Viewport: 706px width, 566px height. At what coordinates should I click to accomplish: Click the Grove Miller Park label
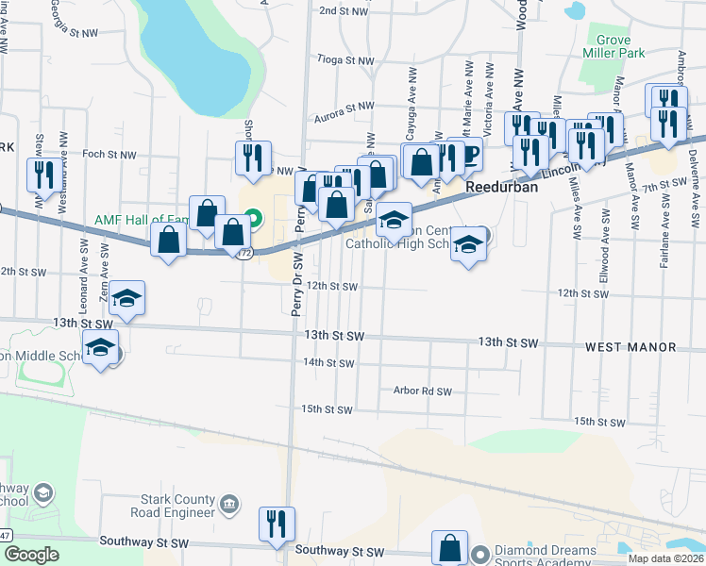click(x=620, y=46)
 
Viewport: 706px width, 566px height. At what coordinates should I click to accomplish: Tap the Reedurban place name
click(x=503, y=188)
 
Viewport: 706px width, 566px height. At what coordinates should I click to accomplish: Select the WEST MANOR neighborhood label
click(x=630, y=347)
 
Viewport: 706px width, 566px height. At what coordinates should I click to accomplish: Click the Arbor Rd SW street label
click(x=423, y=391)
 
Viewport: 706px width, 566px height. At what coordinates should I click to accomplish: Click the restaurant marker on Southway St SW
click(x=277, y=524)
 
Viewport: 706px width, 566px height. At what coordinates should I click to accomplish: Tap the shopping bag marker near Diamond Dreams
click(x=450, y=548)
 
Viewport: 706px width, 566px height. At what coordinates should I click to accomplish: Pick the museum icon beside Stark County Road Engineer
click(x=228, y=505)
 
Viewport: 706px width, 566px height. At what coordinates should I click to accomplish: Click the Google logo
click(x=32, y=555)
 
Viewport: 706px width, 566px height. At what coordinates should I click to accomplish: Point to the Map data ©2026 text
click(x=666, y=558)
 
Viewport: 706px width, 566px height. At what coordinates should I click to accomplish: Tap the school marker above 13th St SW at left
click(x=126, y=298)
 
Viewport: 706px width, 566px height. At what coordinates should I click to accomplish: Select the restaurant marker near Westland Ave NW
click(x=43, y=175)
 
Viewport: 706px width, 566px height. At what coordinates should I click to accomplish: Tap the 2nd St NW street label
click(x=343, y=10)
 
